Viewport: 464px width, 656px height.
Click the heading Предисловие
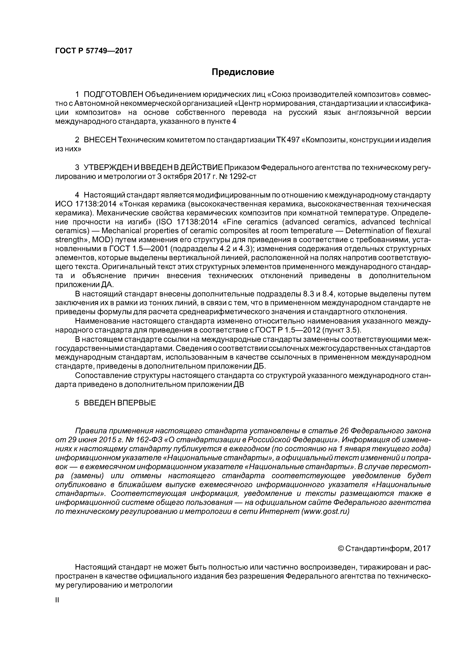[242, 72]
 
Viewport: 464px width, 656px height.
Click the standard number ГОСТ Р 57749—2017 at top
[94, 51]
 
